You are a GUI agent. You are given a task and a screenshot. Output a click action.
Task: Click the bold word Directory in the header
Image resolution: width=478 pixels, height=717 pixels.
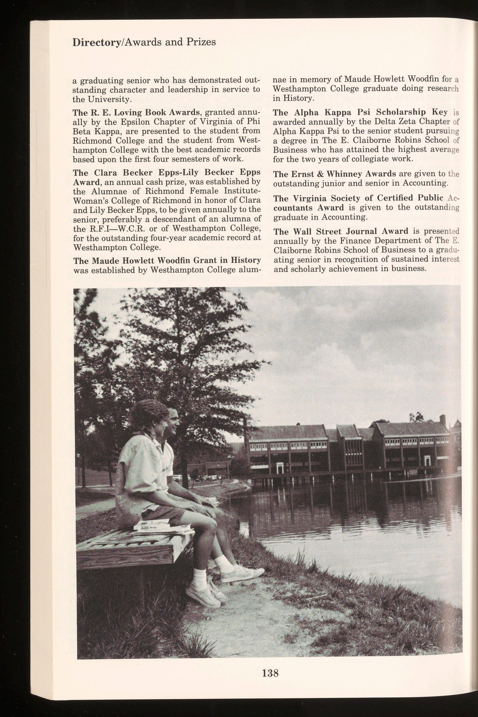[96, 42]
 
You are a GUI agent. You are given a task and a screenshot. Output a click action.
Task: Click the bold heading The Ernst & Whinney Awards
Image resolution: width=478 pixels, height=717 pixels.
[334, 174]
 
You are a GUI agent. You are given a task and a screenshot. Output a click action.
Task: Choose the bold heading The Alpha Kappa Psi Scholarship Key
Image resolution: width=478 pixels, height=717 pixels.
[360, 112]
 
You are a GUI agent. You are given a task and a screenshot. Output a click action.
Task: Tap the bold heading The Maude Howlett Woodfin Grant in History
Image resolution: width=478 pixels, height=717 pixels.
[167, 261]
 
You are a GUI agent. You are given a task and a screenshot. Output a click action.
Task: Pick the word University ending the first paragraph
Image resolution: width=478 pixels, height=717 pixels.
[106, 99]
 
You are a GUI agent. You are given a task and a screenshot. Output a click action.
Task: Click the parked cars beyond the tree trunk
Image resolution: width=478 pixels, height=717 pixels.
[207, 478]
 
